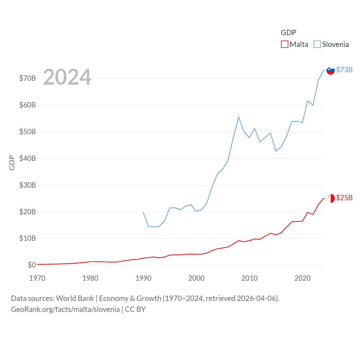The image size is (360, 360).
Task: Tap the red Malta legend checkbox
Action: tap(285, 44)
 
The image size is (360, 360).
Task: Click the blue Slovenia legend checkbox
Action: tap(317, 44)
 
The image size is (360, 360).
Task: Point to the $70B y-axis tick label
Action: tap(28, 78)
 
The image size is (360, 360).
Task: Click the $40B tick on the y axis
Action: tap(28, 158)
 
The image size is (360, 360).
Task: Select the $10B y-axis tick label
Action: tap(28, 238)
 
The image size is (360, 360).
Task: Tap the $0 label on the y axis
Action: tap(32, 265)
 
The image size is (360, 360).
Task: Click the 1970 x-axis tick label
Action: tap(37, 278)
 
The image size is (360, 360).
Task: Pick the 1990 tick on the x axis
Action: tap(143, 278)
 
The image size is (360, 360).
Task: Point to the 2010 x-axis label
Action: tap(249, 278)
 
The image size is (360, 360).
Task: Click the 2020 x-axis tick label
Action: tap(302, 278)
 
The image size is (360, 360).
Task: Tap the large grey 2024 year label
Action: tap(67, 77)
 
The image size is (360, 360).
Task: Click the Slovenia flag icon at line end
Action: tap(330, 70)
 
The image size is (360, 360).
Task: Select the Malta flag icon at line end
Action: tap(330, 198)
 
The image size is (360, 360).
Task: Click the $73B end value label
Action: tap(344, 70)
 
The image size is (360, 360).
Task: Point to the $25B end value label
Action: tap(344, 198)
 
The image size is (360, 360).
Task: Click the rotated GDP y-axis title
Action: tap(12, 163)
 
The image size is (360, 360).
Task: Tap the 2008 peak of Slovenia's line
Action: tap(238, 117)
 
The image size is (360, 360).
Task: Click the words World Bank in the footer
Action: tap(75, 298)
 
